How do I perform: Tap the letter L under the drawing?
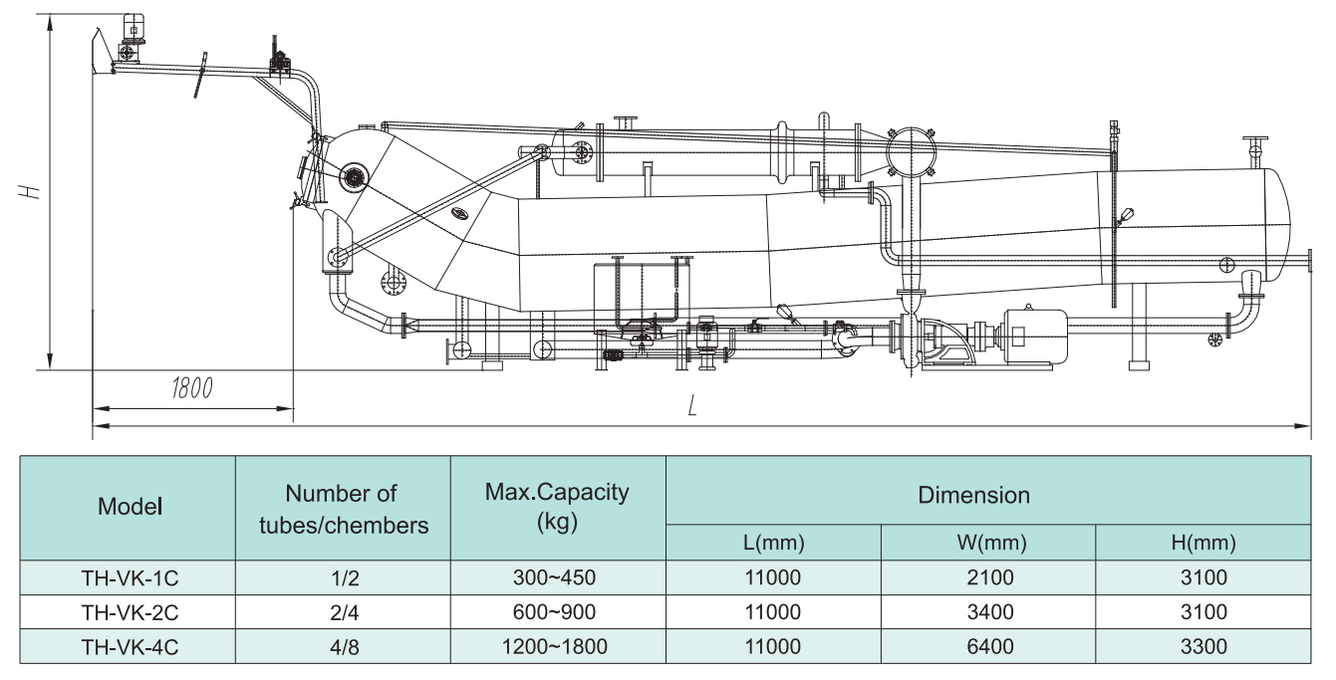pos(691,405)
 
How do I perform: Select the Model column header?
pos(130,507)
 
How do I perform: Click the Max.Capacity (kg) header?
pos(557,507)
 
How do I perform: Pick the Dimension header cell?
pos(973,495)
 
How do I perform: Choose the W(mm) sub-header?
pos(988,543)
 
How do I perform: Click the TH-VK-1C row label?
pos(130,577)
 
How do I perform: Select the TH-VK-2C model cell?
pos(130,612)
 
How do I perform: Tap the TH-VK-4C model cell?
pos(130,647)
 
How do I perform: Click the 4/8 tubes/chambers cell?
pos(343,647)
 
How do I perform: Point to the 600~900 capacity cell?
pos(557,612)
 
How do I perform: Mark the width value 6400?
pos(988,647)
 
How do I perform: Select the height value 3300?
pos(1202,647)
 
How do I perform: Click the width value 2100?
pos(988,577)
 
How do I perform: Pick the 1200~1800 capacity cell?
pos(557,647)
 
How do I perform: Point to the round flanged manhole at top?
pos(911,152)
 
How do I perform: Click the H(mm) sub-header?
pos(1202,543)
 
